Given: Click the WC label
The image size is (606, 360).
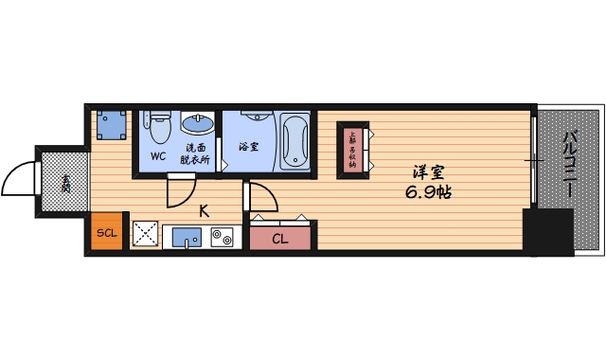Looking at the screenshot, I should (x=158, y=155).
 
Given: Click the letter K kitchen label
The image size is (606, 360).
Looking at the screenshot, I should (x=204, y=210).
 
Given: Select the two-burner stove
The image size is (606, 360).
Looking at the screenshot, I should (x=222, y=237).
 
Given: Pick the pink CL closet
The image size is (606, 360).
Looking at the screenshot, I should (x=281, y=238).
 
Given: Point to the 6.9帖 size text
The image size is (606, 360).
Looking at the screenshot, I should (x=428, y=192).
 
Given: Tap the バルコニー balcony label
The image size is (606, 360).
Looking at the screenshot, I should (x=569, y=166).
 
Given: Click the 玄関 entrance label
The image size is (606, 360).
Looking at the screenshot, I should (x=65, y=182).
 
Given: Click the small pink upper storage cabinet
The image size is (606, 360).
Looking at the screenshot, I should (x=353, y=150).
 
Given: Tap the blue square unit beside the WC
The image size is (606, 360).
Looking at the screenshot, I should (x=111, y=124).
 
